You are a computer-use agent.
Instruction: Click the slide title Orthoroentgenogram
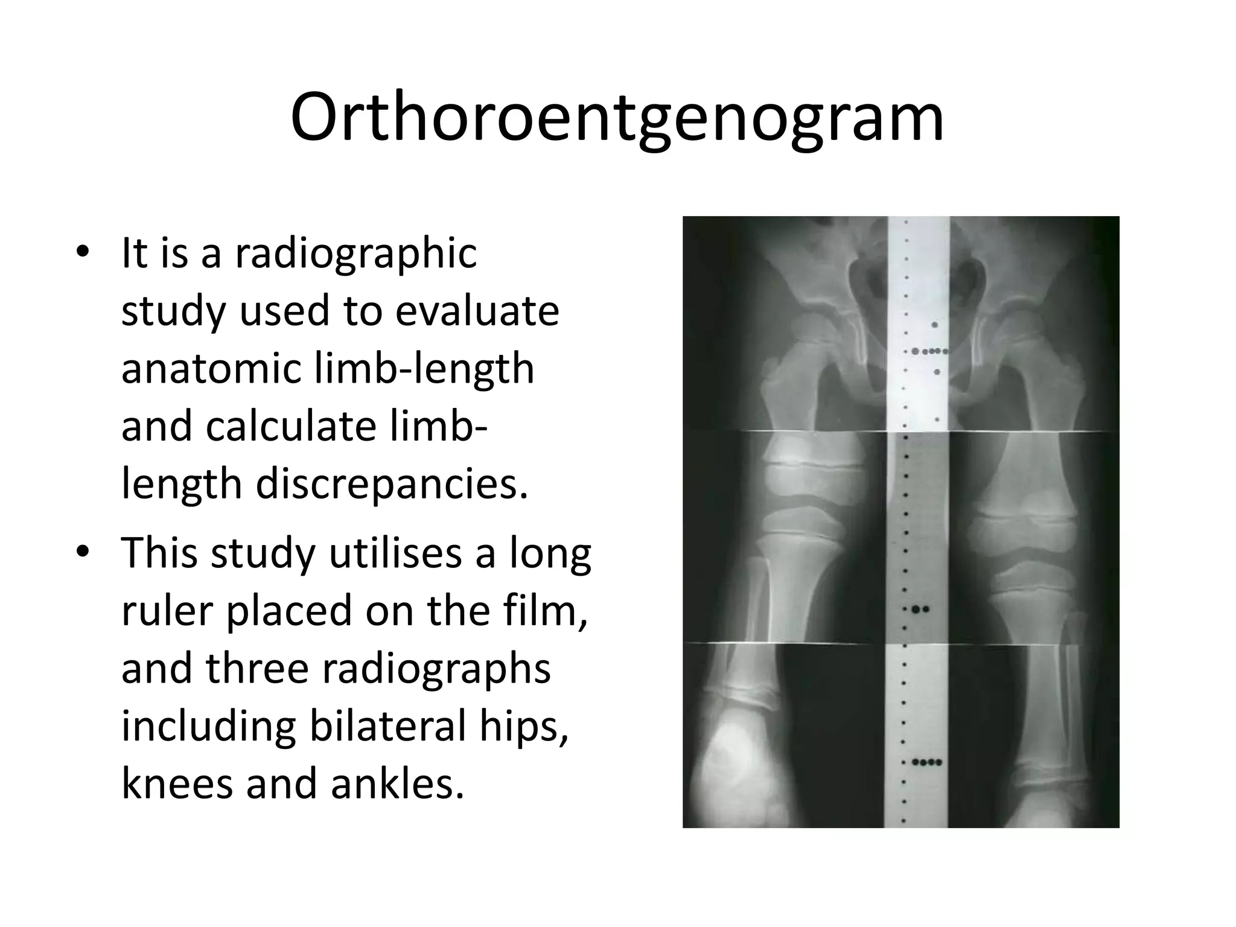tap(617, 118)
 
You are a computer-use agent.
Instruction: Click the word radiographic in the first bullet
tap(356, 253)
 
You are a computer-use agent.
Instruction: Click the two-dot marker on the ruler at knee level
tap(920, 610)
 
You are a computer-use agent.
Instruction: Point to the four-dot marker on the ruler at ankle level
tap(926, 762)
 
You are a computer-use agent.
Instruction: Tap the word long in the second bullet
tap(559, 553)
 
